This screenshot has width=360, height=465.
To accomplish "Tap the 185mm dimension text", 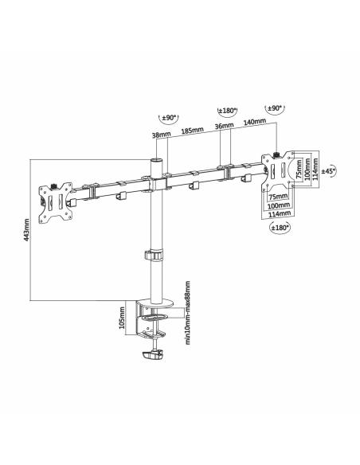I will (x=190, y=131).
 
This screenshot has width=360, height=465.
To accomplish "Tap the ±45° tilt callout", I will (x=330, y=170).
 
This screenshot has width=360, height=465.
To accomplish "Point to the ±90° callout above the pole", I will (x=169, y=119).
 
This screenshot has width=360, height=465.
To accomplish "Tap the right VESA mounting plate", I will (x=278, y=172).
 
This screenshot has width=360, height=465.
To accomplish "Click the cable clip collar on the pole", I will (x=153, y=256).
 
